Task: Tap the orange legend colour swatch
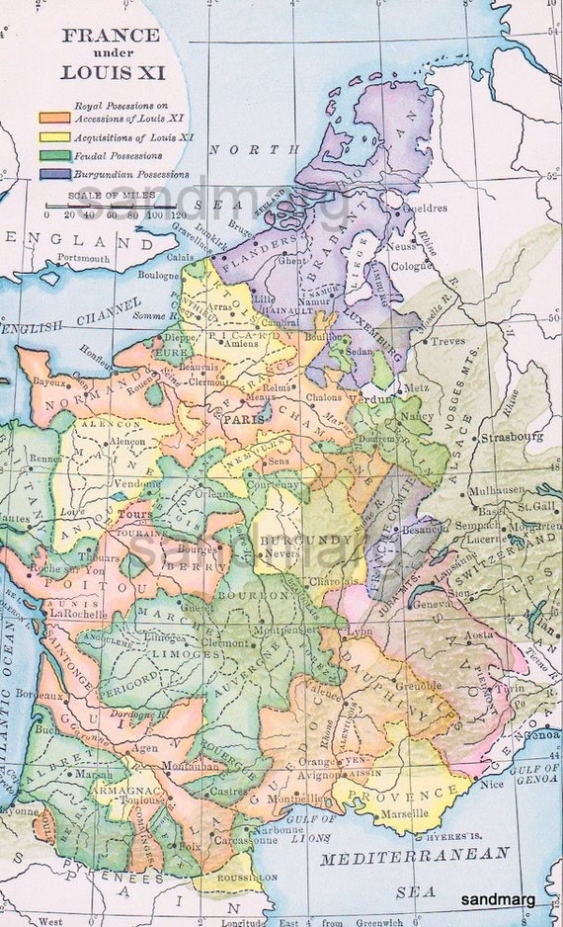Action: click(x=53, y=117)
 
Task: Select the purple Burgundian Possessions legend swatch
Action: click(x=53, y=174)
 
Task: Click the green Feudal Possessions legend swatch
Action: click(x=53, y=155)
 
